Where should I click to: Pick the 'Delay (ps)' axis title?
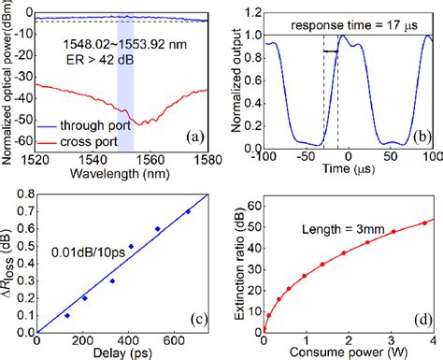point(119,352)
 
